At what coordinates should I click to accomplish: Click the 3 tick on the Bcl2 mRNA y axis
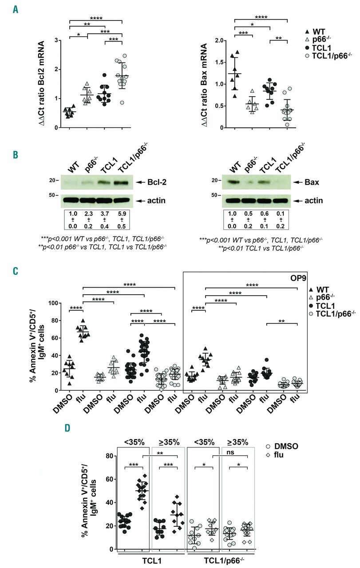click(x=56, y=40)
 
